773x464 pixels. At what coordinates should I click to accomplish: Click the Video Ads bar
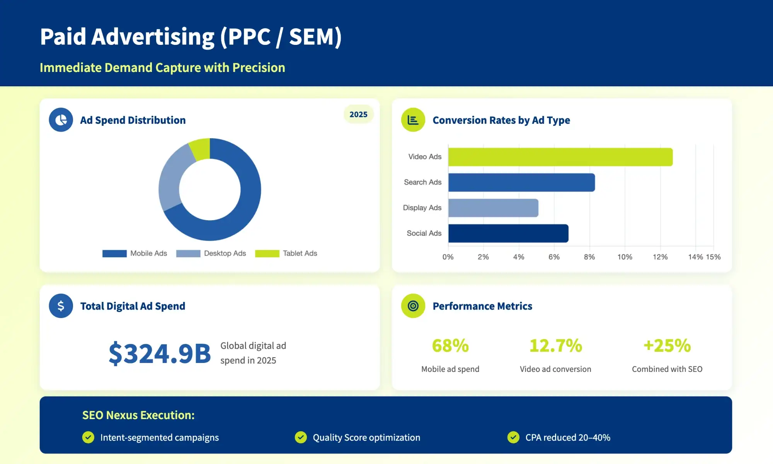tap(560, 157)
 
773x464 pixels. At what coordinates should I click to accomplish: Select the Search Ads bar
tap(521, 182)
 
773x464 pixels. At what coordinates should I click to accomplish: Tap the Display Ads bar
tap(493, 208)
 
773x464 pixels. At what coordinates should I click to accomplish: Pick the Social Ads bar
tap(508, 233)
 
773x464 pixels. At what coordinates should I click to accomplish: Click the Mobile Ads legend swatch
tap(114, 253)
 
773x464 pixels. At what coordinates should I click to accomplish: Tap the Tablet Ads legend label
tap(300, 253)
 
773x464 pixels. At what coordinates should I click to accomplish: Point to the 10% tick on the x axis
tap(625, 257)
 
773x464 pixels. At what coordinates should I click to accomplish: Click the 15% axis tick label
tap(713, 257)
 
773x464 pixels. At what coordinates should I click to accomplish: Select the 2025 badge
tap(358, 115)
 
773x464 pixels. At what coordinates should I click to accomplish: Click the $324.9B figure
tap(160, 353)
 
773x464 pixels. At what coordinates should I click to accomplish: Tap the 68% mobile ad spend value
tap(450, 346)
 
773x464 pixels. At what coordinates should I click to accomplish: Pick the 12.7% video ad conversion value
tap(555, 346)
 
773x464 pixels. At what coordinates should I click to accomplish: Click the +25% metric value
tap(667, 346)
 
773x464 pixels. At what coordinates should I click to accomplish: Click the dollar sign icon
tap(61, 306)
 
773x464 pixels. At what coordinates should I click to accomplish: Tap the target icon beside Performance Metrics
tap(413, 306)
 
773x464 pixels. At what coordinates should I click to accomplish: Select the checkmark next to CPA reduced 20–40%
tap(513, 437)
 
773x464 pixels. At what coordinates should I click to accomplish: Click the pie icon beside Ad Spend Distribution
tap(61, 120)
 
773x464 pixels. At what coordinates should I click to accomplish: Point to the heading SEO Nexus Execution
tap(138, 415)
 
